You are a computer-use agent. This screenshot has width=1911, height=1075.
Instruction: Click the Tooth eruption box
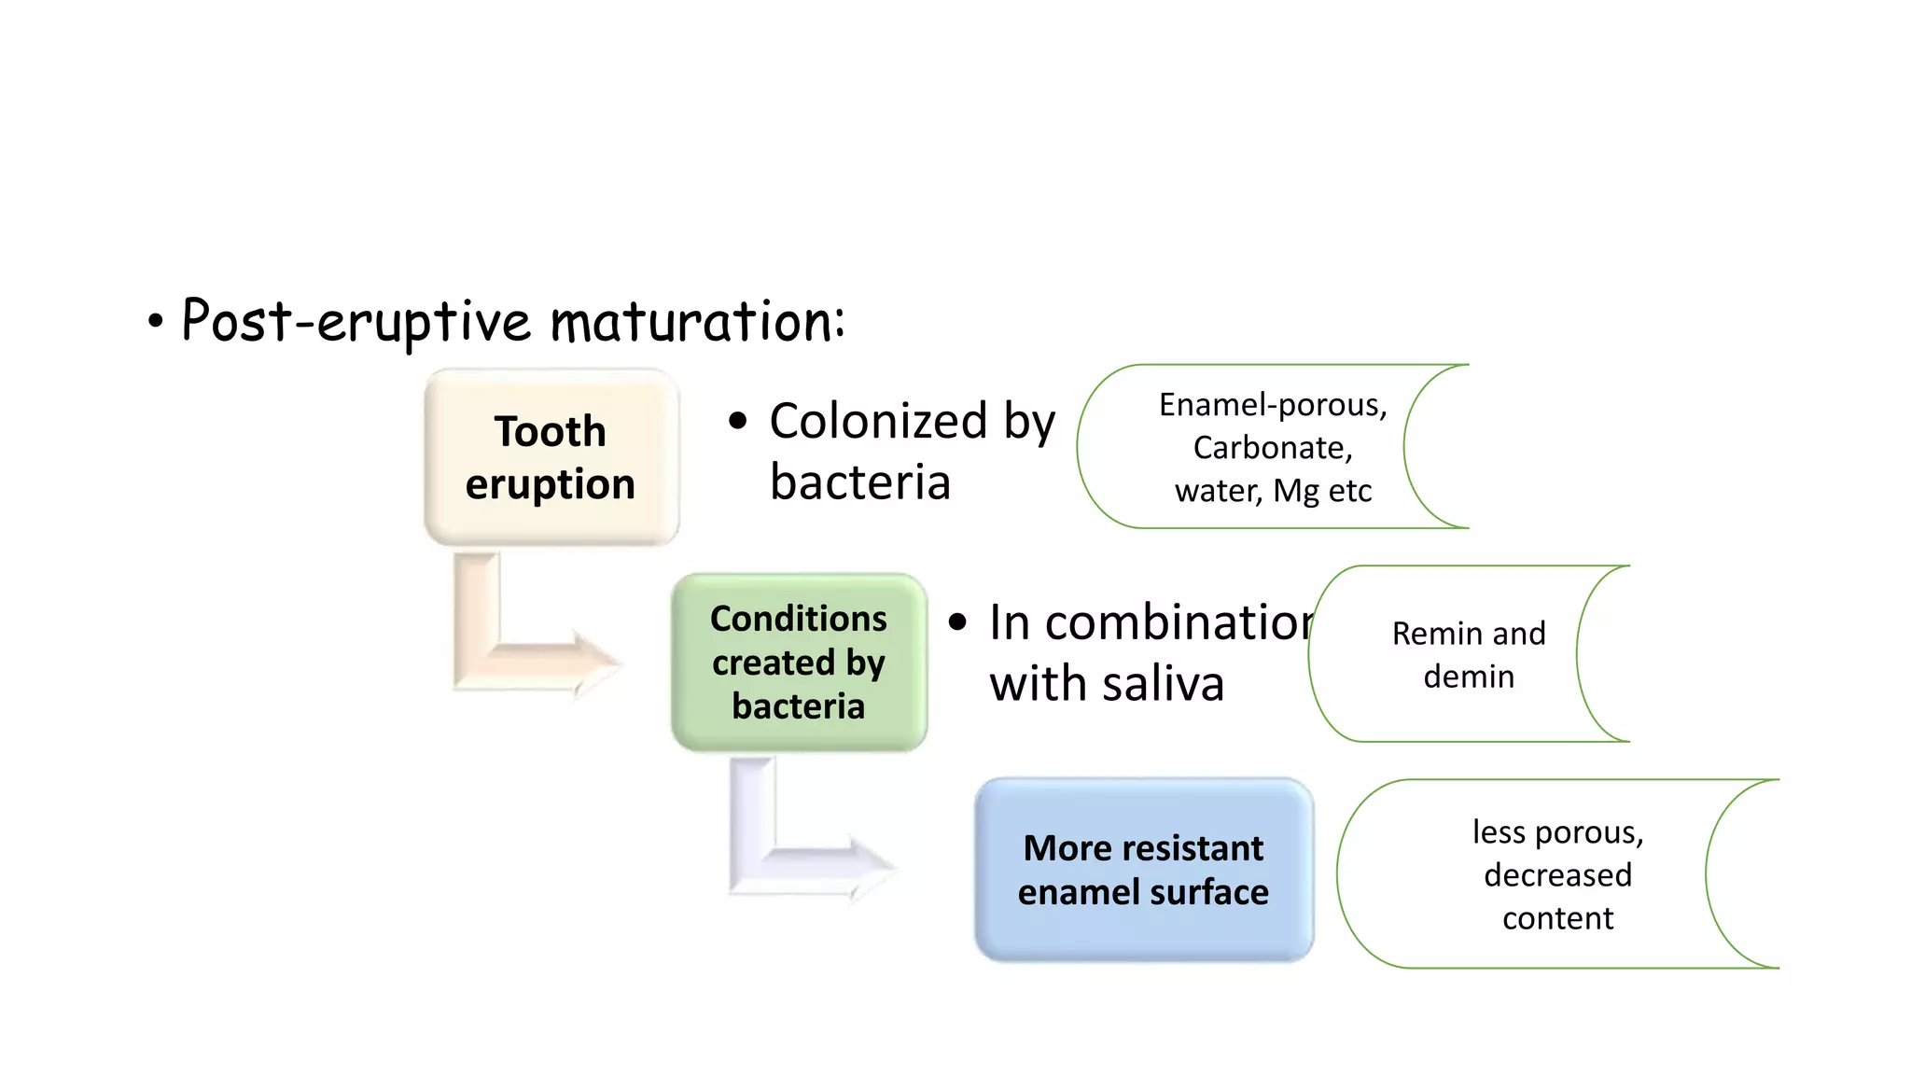tap(551, 457)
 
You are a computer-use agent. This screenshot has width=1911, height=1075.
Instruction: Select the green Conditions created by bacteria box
tap(799, 663)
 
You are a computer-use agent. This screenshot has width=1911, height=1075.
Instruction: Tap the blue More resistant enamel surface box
tap(1143, 870)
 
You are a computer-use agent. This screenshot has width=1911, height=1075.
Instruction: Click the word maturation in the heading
tap(697, 321)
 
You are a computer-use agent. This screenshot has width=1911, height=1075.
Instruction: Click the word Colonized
tap(878, 421)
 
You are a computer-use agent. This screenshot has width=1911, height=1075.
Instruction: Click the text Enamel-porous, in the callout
tap(1273, 405)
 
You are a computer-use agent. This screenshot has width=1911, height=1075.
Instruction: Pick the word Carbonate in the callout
tap(1270, 448)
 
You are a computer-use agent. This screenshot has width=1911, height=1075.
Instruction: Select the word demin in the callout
tap(1469, 677)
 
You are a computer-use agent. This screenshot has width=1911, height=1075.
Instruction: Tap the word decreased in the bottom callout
tap(1557, 875)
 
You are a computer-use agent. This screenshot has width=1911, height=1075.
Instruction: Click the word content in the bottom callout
tap(1557, 918)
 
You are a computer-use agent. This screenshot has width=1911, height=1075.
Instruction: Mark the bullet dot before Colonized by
tap(738, 421)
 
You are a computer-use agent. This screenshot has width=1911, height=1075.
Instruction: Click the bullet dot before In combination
tap(958, 622)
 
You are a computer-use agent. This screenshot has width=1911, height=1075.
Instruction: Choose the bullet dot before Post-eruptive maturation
tap(155, 323)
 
